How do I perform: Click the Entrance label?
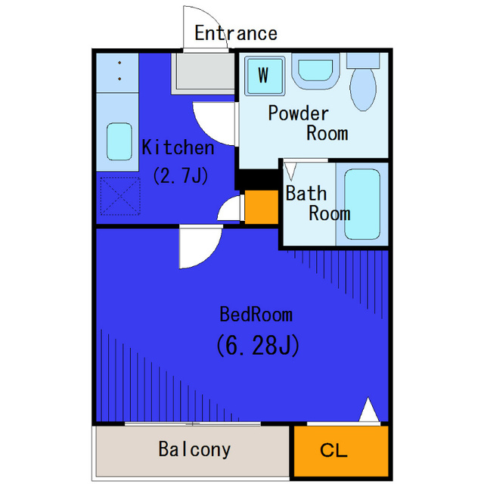pos(236,33)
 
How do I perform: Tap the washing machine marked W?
pos(264,76)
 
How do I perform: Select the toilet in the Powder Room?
pos(363,82)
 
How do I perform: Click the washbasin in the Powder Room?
pos(315,72)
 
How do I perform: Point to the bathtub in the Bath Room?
pos(362,204)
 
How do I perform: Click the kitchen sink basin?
pos(119,141)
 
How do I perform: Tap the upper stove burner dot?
pos(119,63)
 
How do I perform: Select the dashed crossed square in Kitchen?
pos(120,196)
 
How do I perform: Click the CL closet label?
pos(334,451)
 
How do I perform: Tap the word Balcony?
pos(194,450)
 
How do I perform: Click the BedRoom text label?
pos(256,315)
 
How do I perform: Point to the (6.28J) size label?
pos(258,346)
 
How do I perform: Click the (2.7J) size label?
pos(181,176)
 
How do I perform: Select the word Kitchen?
pos(178,147)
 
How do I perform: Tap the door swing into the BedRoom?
pos(200,247)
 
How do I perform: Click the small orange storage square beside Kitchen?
pos(262,206)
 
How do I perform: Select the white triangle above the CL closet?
pos(369,411)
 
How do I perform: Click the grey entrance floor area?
pos(203,73)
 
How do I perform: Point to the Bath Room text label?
pos(318,203)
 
